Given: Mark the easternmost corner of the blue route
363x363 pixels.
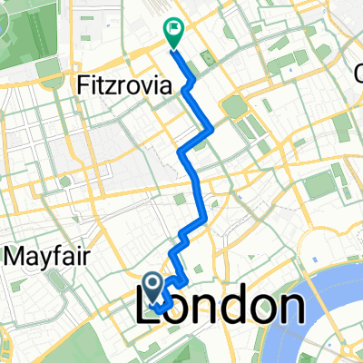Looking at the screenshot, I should coord(213,130).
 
